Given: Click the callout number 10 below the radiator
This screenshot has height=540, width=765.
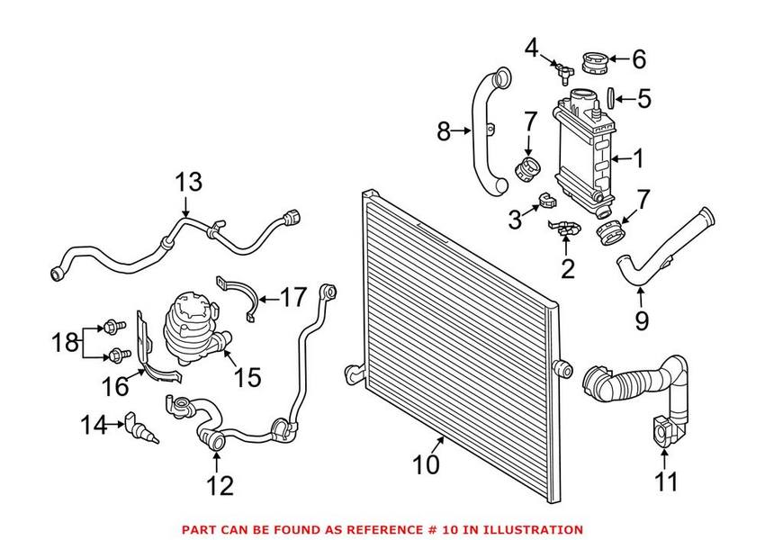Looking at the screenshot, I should (x=426, y=465).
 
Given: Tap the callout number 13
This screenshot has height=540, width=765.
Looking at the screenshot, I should (x=190, y=183).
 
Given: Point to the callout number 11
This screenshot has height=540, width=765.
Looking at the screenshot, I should (x=665, y=482).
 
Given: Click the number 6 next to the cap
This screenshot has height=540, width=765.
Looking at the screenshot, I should (x=638, y=60).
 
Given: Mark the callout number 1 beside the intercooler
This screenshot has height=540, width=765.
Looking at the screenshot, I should (x=638, y=159).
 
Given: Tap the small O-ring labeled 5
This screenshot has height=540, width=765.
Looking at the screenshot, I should (x=609, y=96).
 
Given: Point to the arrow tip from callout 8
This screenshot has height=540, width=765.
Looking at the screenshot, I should (x=472, y=132).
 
